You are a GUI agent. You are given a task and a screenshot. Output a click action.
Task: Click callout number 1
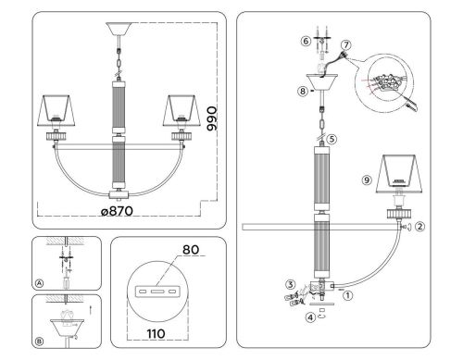(347, 296)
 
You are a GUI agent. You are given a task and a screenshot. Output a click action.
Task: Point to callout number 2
(419, 225)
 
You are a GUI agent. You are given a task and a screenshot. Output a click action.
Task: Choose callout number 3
(291, 284)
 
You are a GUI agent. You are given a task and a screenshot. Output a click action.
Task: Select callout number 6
(303, 41)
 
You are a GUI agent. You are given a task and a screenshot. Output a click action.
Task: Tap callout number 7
(346, 44)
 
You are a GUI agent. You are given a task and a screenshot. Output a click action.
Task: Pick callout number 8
(303, 92)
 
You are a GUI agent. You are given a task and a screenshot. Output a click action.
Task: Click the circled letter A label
(38, 284)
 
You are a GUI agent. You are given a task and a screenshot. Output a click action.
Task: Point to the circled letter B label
(38, 341)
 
